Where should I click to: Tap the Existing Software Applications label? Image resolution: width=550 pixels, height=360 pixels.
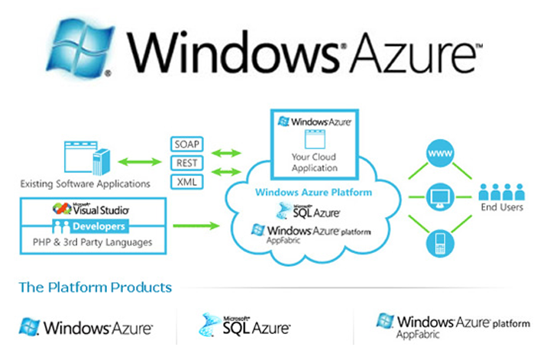tap(85, 183)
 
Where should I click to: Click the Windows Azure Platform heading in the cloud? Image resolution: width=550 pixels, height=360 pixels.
tap(313, 193)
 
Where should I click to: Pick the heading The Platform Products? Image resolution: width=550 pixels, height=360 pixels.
tap(95, 287)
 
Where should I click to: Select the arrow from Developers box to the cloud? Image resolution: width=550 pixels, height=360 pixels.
tap(196, 225)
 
